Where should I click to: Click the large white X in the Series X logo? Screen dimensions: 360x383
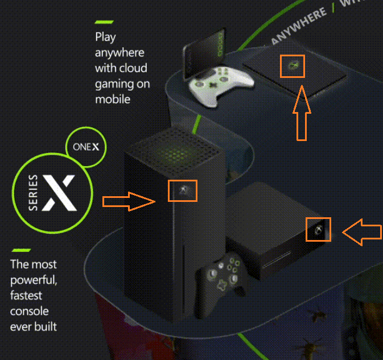click(x=59, y=190)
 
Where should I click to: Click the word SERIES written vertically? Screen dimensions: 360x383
click(x=34, y=193)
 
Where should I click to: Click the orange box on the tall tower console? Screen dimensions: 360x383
click(x=183, y=191)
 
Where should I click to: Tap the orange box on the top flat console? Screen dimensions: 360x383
click(x=293, y=67)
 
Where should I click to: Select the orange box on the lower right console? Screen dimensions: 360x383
click(x=318, y=229)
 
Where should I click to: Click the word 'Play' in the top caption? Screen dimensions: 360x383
click(x=106, y=38)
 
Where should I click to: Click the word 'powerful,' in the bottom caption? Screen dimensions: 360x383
click(x=34, y=280)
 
